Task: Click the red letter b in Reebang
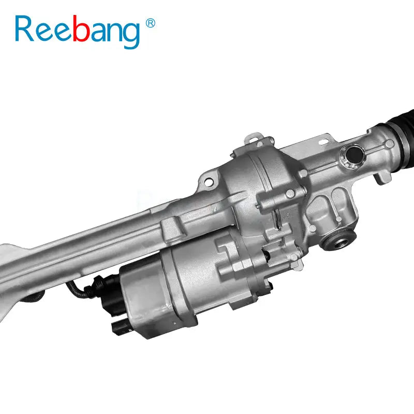point(80,28)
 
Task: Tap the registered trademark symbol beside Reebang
point(151,23)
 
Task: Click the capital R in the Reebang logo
point(24,28)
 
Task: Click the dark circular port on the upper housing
point(354,155)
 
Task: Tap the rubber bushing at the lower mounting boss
point(339,240)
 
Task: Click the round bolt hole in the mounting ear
point(209,182)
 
